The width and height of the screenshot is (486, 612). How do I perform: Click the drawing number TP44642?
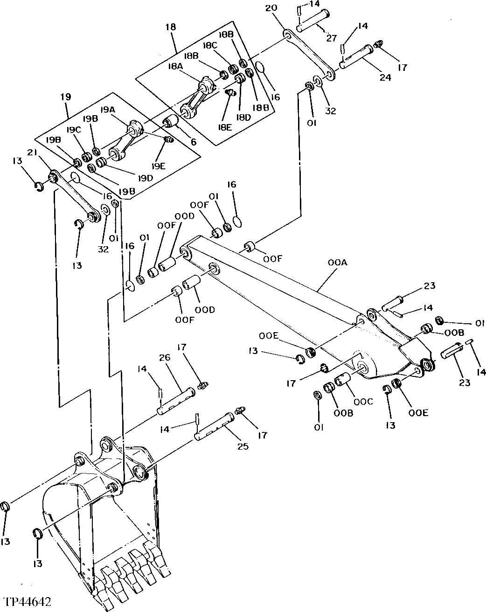(x=27, y=601)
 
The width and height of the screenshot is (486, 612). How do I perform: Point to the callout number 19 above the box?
(x=65, y=97)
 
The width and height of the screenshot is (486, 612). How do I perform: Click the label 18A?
(x=176, y=67)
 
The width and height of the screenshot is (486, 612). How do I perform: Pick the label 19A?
(x=107, y=110)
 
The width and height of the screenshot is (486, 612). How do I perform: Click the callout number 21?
(x=32, y=153)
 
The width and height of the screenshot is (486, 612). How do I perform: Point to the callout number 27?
(x=331, y=39)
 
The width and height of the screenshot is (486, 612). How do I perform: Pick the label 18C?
(x=209, y=45)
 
